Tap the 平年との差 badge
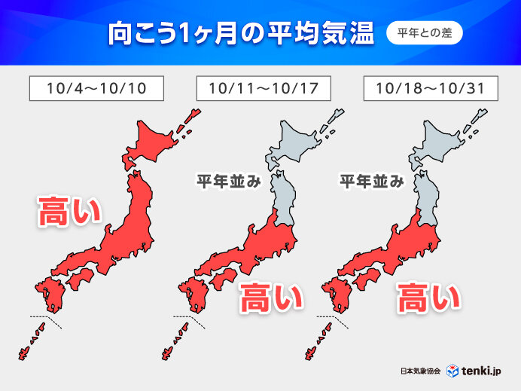[425, 33]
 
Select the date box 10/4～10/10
[96, 88]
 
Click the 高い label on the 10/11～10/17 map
[270, 298]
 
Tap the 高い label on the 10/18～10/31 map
[428, 298]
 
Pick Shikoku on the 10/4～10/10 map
[80, 281]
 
